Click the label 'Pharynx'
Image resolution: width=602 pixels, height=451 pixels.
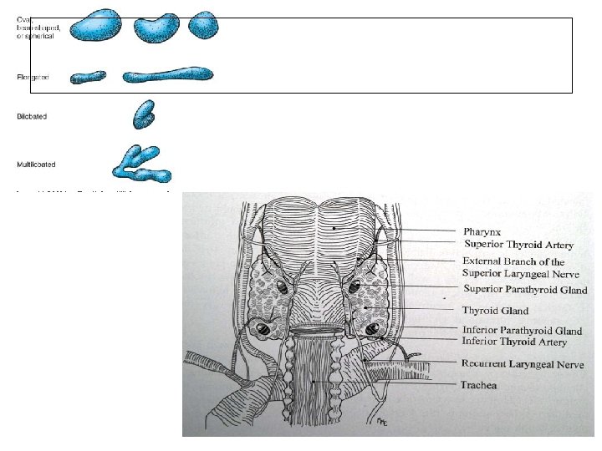[x=483, y=231]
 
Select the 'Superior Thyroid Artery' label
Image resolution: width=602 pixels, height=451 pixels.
[x=518, y=243]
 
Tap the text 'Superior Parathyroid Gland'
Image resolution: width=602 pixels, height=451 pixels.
[x=525, y=290]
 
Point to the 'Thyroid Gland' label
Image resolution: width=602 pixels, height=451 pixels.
[x=496, y=311]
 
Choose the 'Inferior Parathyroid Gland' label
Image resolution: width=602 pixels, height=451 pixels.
[x=521, y=330]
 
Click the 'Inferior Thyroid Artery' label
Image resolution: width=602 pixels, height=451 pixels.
[x=514, y=342]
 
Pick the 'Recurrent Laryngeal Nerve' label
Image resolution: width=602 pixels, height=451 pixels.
[x=522, y=364]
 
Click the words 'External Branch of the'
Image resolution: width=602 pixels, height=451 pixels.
[x=513, y=261]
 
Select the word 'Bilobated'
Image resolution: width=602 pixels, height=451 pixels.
[x=32, y=116]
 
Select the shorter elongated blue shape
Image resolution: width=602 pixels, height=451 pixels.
[x=89, y=78]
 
